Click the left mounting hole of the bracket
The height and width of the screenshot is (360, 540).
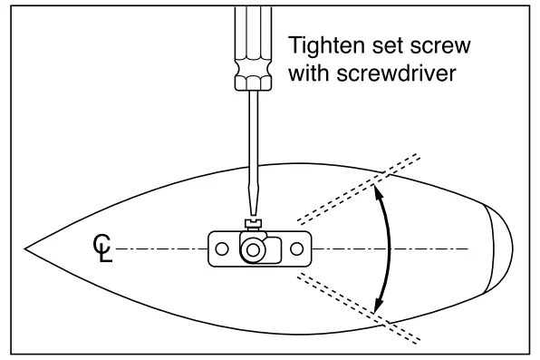click(x=218, y=248)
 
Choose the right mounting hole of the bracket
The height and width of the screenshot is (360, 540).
click(x=295, y=248)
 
